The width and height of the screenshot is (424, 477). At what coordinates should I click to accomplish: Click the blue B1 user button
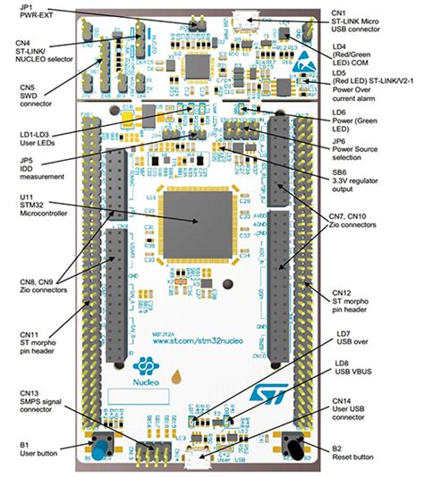point(93,445)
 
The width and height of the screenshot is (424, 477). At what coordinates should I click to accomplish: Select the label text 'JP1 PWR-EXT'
point(21,12)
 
